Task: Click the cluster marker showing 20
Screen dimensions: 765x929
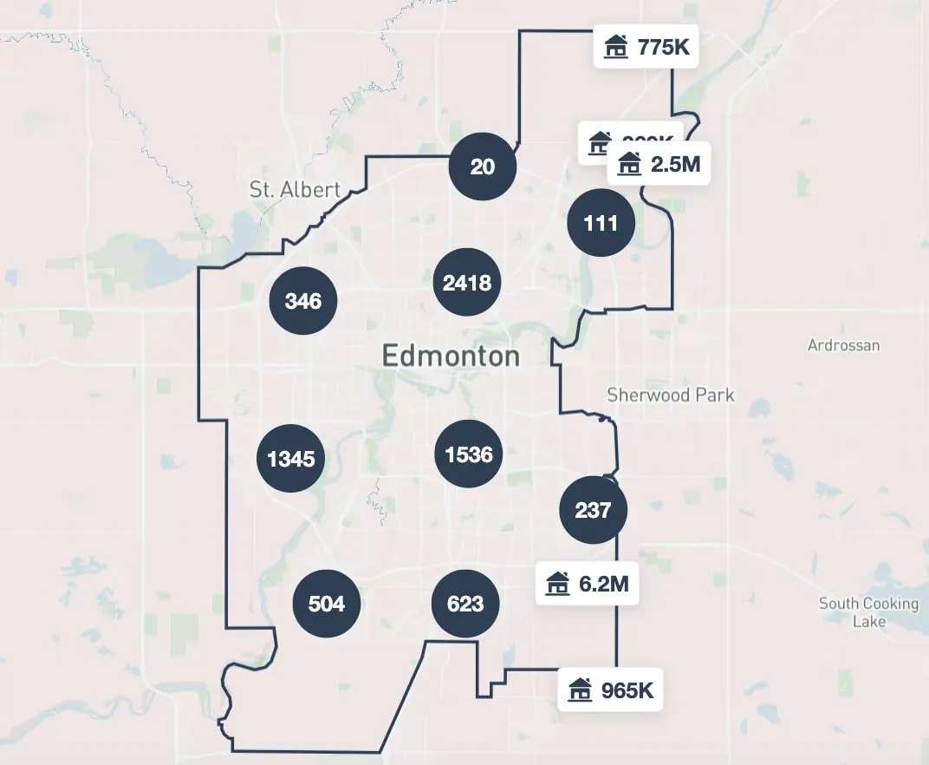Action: (x=483, y=167)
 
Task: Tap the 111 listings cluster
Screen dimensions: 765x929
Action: (x=601, y=223)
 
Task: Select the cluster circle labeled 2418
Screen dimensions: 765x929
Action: (x=467, y=283)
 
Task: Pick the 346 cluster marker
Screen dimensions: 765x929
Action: (x=303, y=301)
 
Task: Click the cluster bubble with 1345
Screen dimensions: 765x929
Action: (x=291, y=459)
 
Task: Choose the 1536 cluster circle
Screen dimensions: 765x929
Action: (x=469, y=454)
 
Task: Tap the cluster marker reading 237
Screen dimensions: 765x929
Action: (x=593, y=511)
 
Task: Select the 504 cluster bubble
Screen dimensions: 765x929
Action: (x=327, y=604)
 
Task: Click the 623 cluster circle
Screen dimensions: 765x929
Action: (x=465, y=604)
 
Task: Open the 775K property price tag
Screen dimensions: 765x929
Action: (x=646, y=47)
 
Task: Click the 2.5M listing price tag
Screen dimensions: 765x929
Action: (x=664, y=163)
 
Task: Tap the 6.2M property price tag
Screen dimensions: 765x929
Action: (x=587, y=584)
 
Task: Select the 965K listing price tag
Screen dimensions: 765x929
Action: (x=610, y=690)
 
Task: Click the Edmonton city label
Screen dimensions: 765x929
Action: (x=451, y=356)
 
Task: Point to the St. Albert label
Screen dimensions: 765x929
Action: (x=295, y=190)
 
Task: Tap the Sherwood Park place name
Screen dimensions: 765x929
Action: (x=670, y=396)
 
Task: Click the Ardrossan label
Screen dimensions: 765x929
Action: (x=843, y=345)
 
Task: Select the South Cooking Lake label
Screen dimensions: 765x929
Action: (x=868, y=612)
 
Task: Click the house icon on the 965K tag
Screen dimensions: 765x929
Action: (x=580, y=690)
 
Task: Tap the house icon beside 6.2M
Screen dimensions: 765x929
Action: (x=557, y=584)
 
